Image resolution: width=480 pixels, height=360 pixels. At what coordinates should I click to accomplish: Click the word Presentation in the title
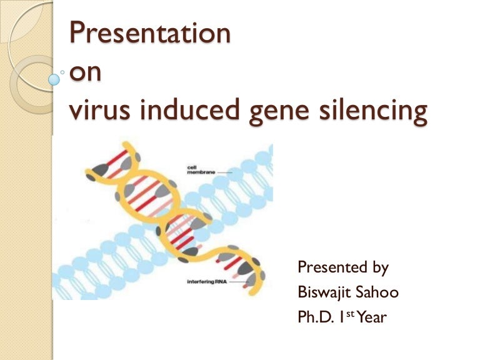(x=149, y=32)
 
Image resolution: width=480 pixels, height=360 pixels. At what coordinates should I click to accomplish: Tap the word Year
(x=372, y=317)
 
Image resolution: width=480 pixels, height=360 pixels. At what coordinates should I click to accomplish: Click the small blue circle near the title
(x=54, y=79)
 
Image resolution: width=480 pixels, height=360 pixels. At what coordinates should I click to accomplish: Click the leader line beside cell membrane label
(x=222, y=172)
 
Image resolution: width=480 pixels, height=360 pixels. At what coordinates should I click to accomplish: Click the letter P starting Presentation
(x=76, y=32)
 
